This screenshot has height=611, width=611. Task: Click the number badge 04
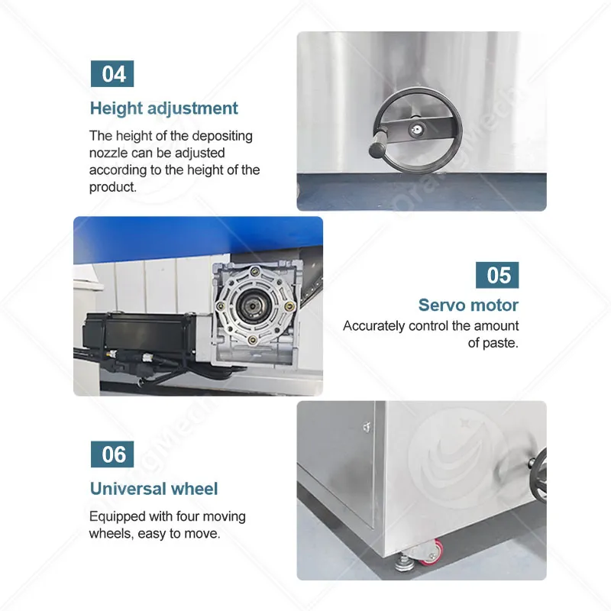pyautogui.click(x=112, y=73)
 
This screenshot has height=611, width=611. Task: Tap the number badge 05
pyautogui.click(x=497, y=275)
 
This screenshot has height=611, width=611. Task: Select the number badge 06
pyautogui.click(x=112, y=454)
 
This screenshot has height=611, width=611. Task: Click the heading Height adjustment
pyautogui.click(x=163, y=108)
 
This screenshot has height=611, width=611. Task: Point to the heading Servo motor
pyautogui.click(x=468, y=305)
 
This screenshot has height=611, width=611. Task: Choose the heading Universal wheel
pyautogui.click(x=154, y=489)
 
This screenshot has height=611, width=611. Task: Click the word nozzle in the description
pyautogui.click(x=108, y=153)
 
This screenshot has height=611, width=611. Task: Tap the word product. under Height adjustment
pyautogui.click(x=113, y=187)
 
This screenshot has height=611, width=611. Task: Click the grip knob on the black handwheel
pyautogui.click(x=377, y=146)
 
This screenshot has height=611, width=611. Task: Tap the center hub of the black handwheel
pyautogui.click(x=417, y=129)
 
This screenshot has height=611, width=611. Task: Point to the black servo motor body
pyautogui.click(x=139, y=334)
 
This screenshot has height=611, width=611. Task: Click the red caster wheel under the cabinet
pyautogui.click(x=434, y=552)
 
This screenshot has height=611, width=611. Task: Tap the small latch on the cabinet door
pyautogui.click(x=367, y=428)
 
